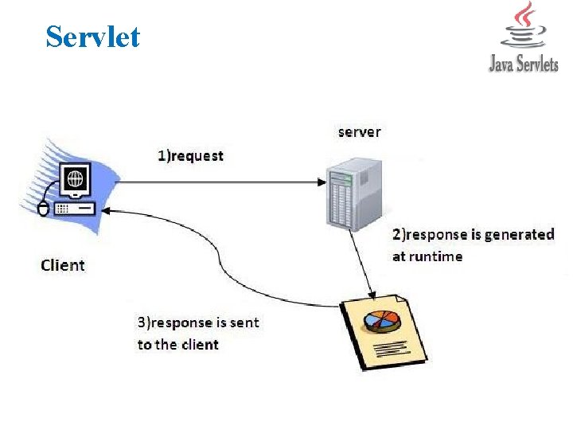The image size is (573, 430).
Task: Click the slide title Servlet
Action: (92, 37)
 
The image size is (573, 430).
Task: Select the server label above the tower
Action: (359, 131)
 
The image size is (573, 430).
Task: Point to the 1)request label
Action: (190, 155)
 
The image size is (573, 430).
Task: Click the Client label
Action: (63, 264)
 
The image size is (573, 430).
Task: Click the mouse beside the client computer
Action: (44, 209)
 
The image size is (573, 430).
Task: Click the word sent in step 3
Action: (244, 322)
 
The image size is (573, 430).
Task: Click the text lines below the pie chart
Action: (390, 346)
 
